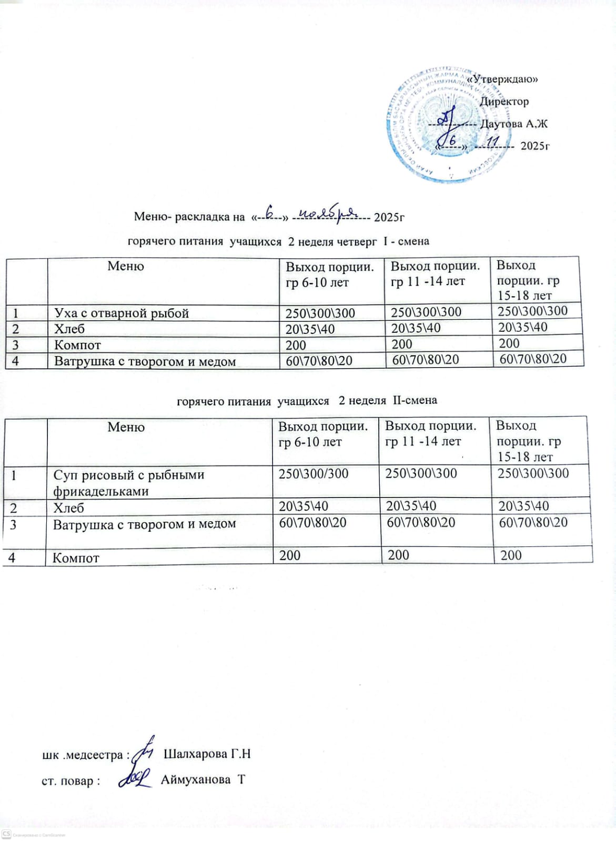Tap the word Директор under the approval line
tap(504, 102)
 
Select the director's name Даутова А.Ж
tap(514, 124)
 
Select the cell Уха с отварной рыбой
tap(122, 313)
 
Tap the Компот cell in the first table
tap(77, 346)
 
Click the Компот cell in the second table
tap(76, 558)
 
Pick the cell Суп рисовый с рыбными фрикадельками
tap(128, 482)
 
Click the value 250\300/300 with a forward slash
tap(314, 474)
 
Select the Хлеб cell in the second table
tap(68, 508)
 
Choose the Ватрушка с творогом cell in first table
tap(145, 362)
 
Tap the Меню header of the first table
tap(126, 266)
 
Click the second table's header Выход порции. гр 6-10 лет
tap(323, 434)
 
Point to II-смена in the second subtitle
tap(415, 400)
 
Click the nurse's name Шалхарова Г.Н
tap(207, 754)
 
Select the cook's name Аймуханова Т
tap(203, 779)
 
